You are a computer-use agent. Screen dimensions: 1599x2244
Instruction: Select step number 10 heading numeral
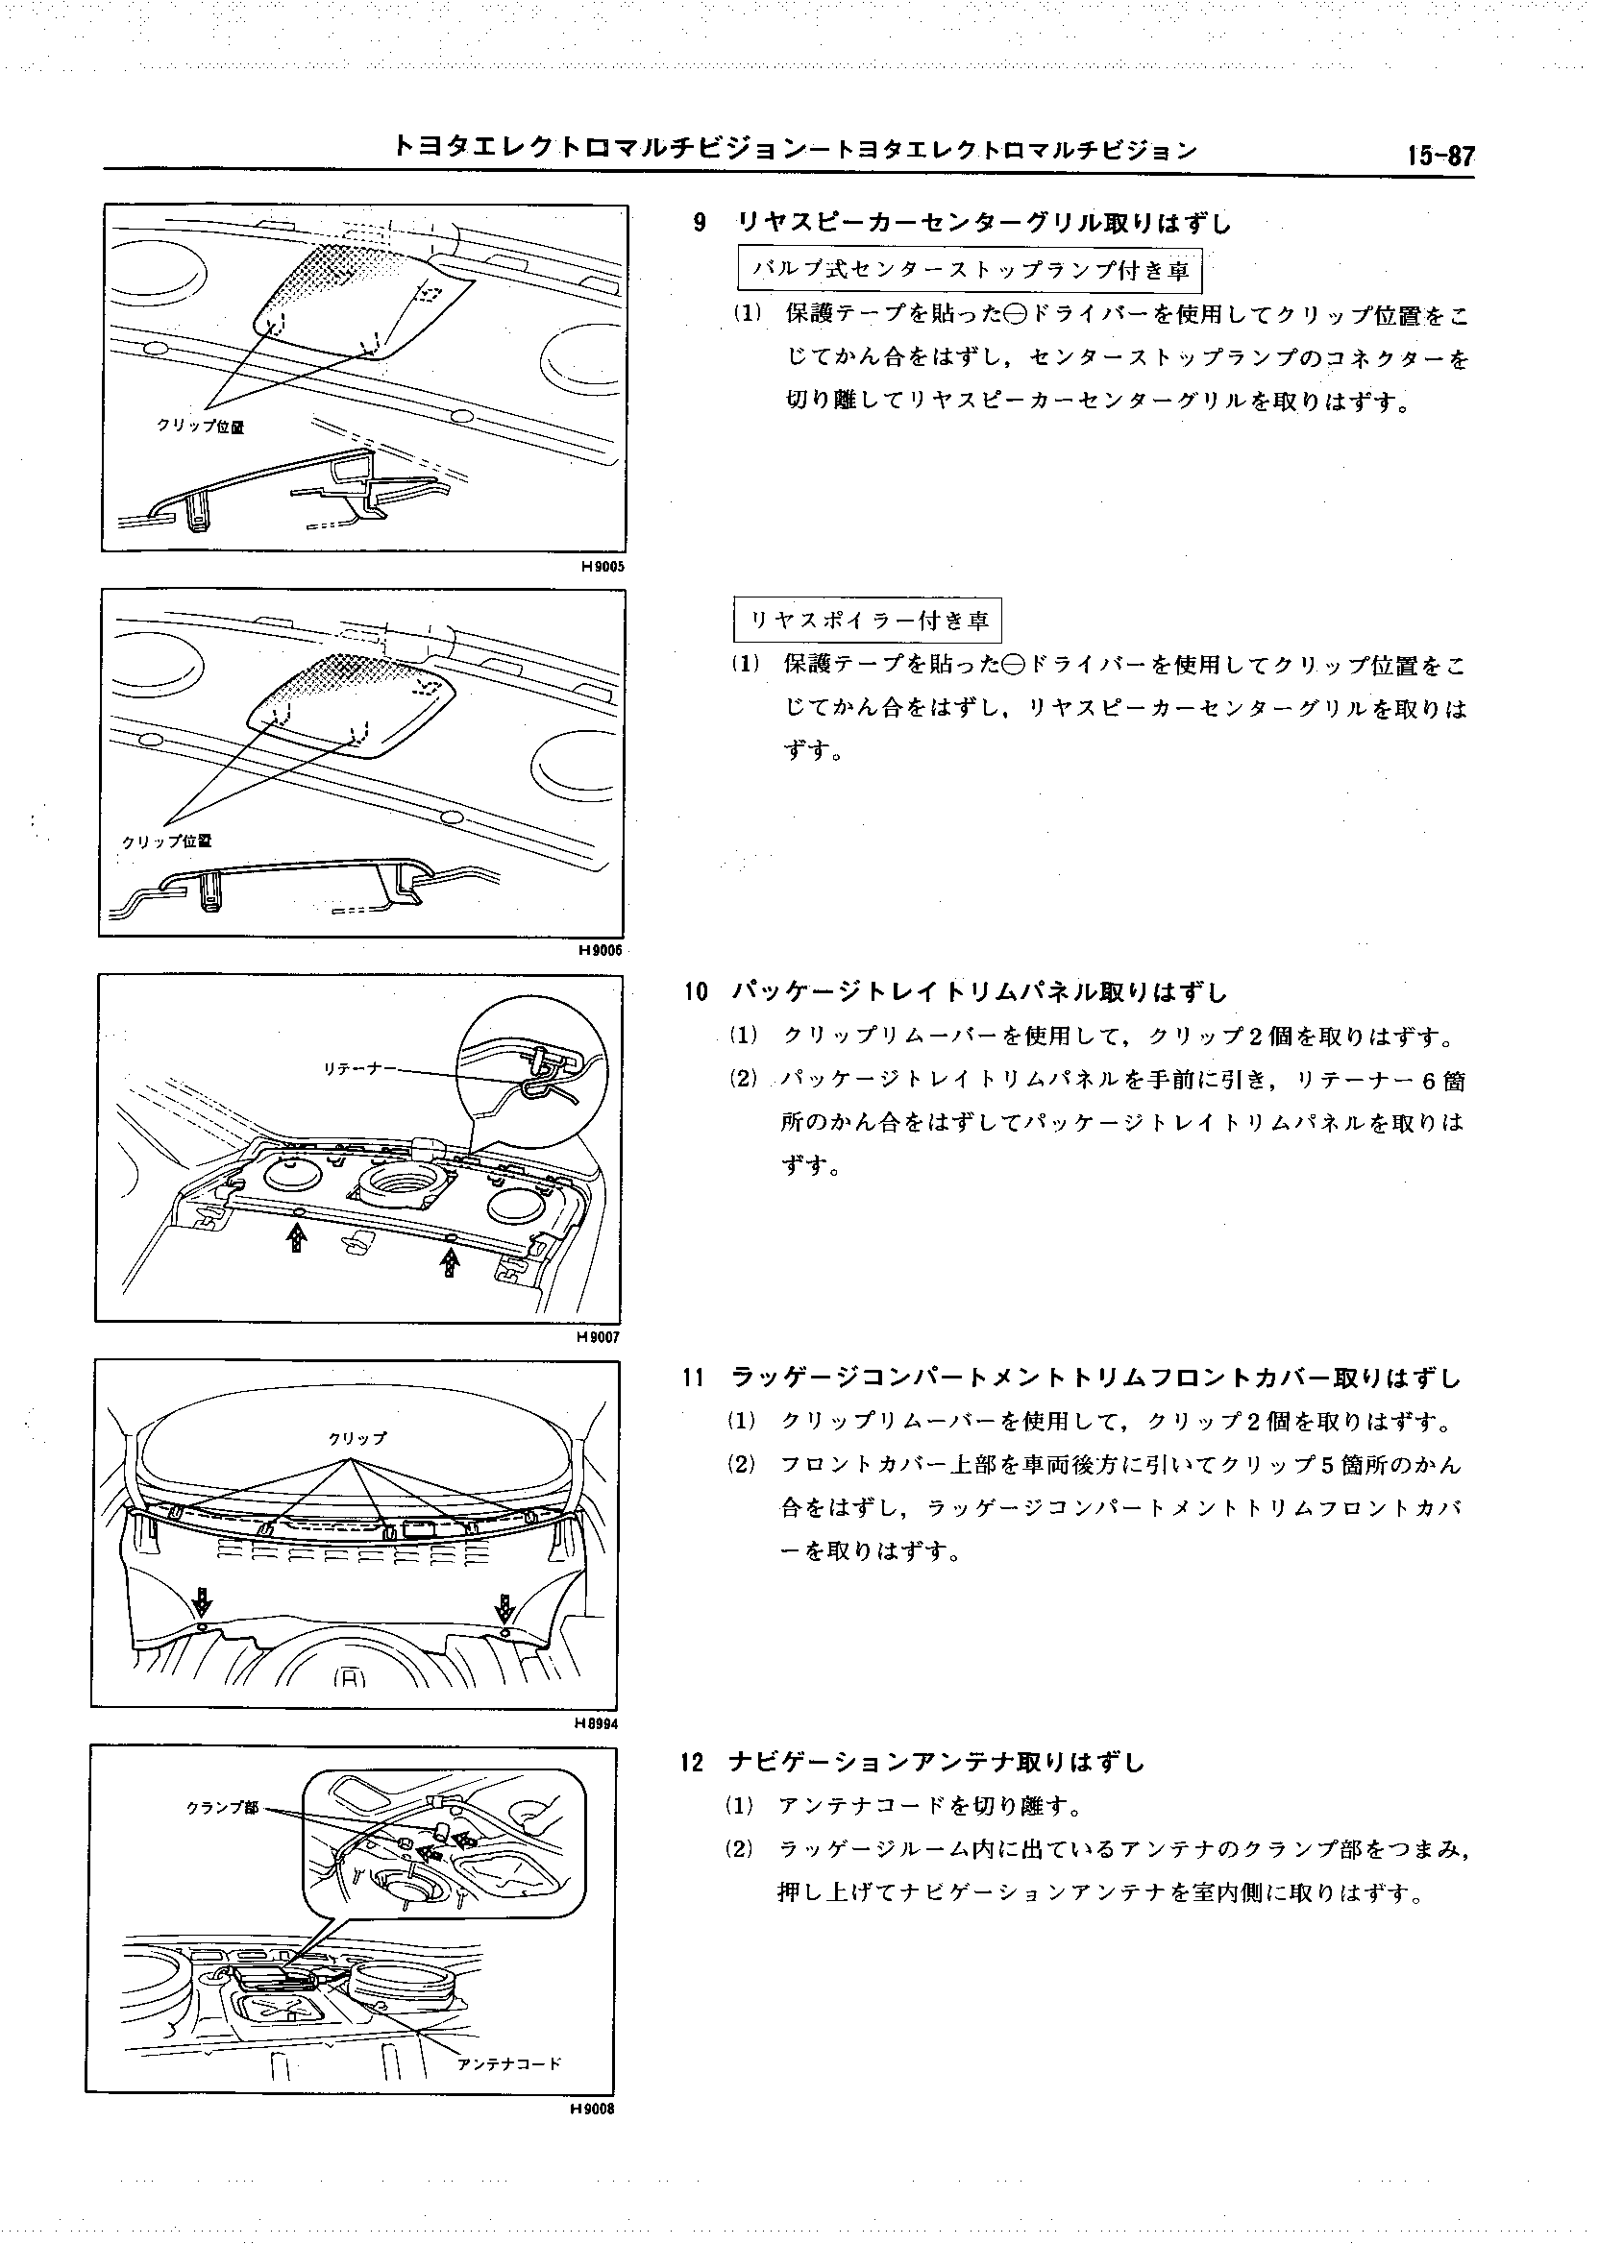tap(696, 992)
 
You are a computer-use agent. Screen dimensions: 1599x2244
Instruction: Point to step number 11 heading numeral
tap(693, 1378)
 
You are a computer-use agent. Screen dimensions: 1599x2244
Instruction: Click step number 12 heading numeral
tap(692, 1763)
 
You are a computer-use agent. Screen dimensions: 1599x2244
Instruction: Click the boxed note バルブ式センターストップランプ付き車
tap(971, 270)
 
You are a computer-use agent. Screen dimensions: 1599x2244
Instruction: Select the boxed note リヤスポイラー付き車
tap(869, 620)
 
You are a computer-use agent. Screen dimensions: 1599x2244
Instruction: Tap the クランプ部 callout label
tap(223, 1808)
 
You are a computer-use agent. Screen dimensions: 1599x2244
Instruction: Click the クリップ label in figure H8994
tap(357, 1438)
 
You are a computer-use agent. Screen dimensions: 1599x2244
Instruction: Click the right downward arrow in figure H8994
tap(504, 1608)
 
